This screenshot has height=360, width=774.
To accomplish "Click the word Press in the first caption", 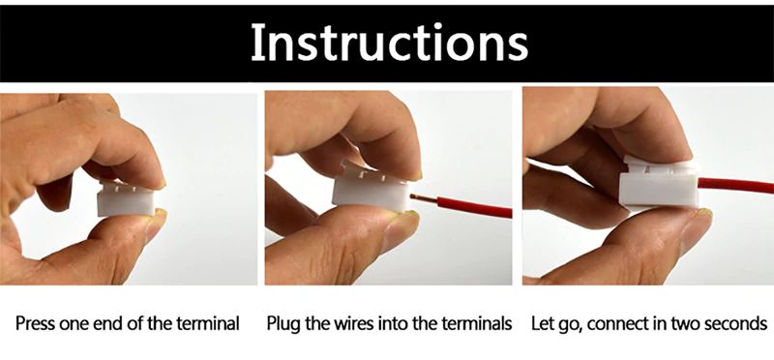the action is (x=35, y=324).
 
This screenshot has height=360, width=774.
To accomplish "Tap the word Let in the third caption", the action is (x=541, y=324).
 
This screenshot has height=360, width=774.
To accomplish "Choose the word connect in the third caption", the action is (x=617, y=324).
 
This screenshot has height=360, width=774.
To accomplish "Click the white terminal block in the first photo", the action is (x=126, y=198).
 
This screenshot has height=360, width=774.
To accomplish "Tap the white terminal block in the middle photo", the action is (x=372, y=188).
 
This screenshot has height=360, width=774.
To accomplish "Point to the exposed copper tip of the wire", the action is (x=418, y=198).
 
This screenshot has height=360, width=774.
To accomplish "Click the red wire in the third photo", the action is (x=736, y=185).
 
